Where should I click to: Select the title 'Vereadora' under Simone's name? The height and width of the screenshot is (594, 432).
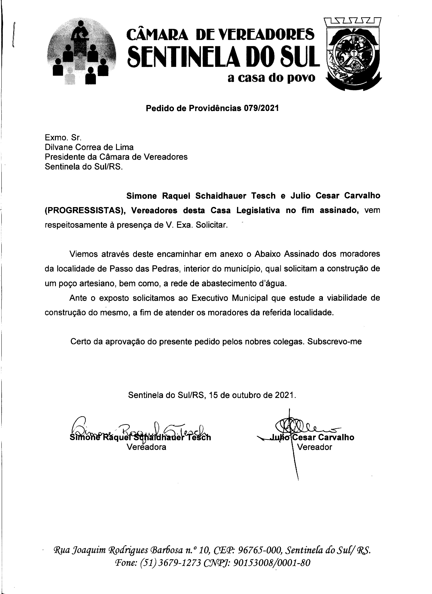point(146,447)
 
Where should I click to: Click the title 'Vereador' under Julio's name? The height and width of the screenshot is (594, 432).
point(314,447)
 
